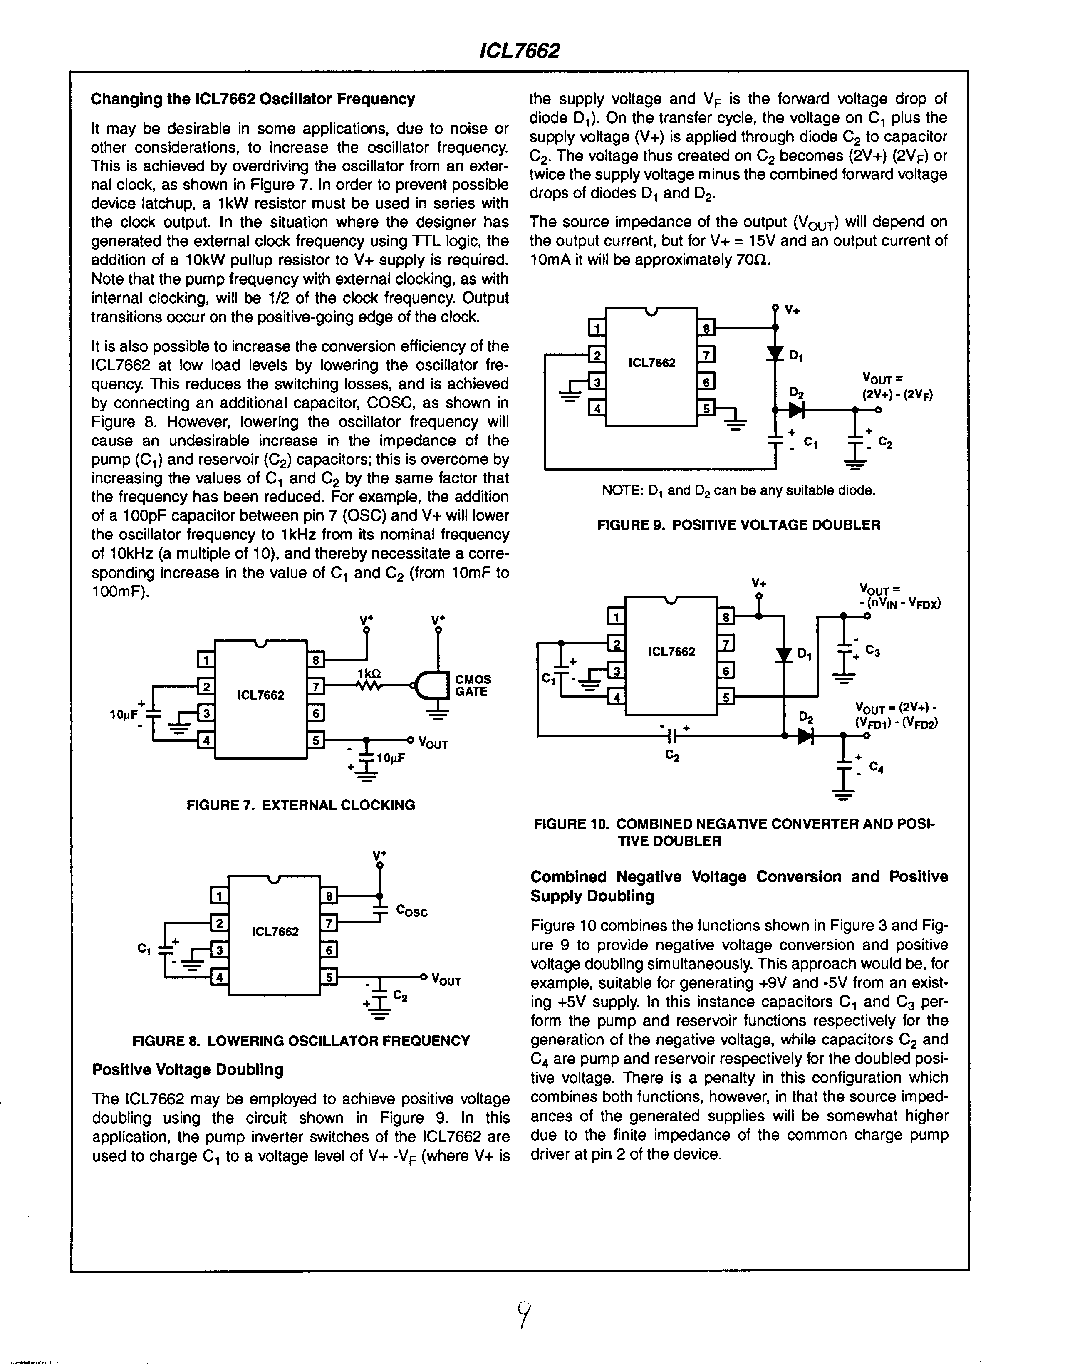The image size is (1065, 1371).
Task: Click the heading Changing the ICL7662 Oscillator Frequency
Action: coord(253,99)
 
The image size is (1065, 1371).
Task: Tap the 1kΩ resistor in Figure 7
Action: coord(369,686)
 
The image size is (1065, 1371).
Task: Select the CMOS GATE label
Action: coord(472,685)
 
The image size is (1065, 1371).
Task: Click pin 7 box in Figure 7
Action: coord(316,687)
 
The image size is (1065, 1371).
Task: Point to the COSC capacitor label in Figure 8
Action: coord(412,911)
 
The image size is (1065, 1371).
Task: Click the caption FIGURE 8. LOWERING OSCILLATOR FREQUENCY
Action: coord(301,1041)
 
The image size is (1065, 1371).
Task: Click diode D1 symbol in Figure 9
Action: coord(775,354)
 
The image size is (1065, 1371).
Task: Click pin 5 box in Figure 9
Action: coord(706,408)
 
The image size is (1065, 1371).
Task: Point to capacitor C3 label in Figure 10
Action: coord(872,651)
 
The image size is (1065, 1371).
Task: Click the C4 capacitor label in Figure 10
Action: coord(876,767)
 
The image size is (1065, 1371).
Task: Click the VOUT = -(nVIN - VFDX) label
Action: coord(899,597)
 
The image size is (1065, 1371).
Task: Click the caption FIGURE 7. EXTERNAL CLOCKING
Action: coord(301,805)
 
